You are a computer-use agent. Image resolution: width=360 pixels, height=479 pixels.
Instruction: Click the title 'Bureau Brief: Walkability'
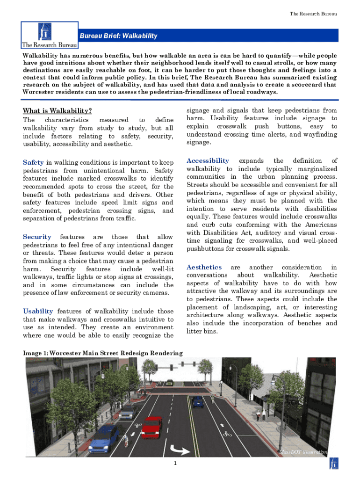coord(118,36)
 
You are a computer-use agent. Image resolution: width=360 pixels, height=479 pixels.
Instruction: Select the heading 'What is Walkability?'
coord(57,111)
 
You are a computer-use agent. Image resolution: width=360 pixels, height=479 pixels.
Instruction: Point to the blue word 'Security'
coord(37,237)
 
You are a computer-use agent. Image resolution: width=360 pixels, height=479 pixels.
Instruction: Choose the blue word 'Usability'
coord(38,311)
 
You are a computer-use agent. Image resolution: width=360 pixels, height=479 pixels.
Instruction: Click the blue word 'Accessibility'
coord(208,160)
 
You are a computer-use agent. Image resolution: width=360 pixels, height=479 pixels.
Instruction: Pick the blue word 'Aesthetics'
coord(204,267)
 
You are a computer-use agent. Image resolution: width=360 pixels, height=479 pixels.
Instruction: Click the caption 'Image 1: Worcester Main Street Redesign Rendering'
coord(103,353)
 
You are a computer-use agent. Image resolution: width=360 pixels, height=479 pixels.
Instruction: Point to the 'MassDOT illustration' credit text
coord(302,452)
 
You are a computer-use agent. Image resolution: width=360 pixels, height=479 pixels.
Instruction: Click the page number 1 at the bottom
coord(174,464)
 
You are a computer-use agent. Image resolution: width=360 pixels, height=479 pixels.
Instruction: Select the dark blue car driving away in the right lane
coord(198,401)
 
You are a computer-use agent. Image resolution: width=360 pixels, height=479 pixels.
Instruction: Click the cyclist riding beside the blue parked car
coord(125,441)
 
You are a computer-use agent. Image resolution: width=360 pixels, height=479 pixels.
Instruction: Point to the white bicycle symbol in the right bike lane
coord(227,433)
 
